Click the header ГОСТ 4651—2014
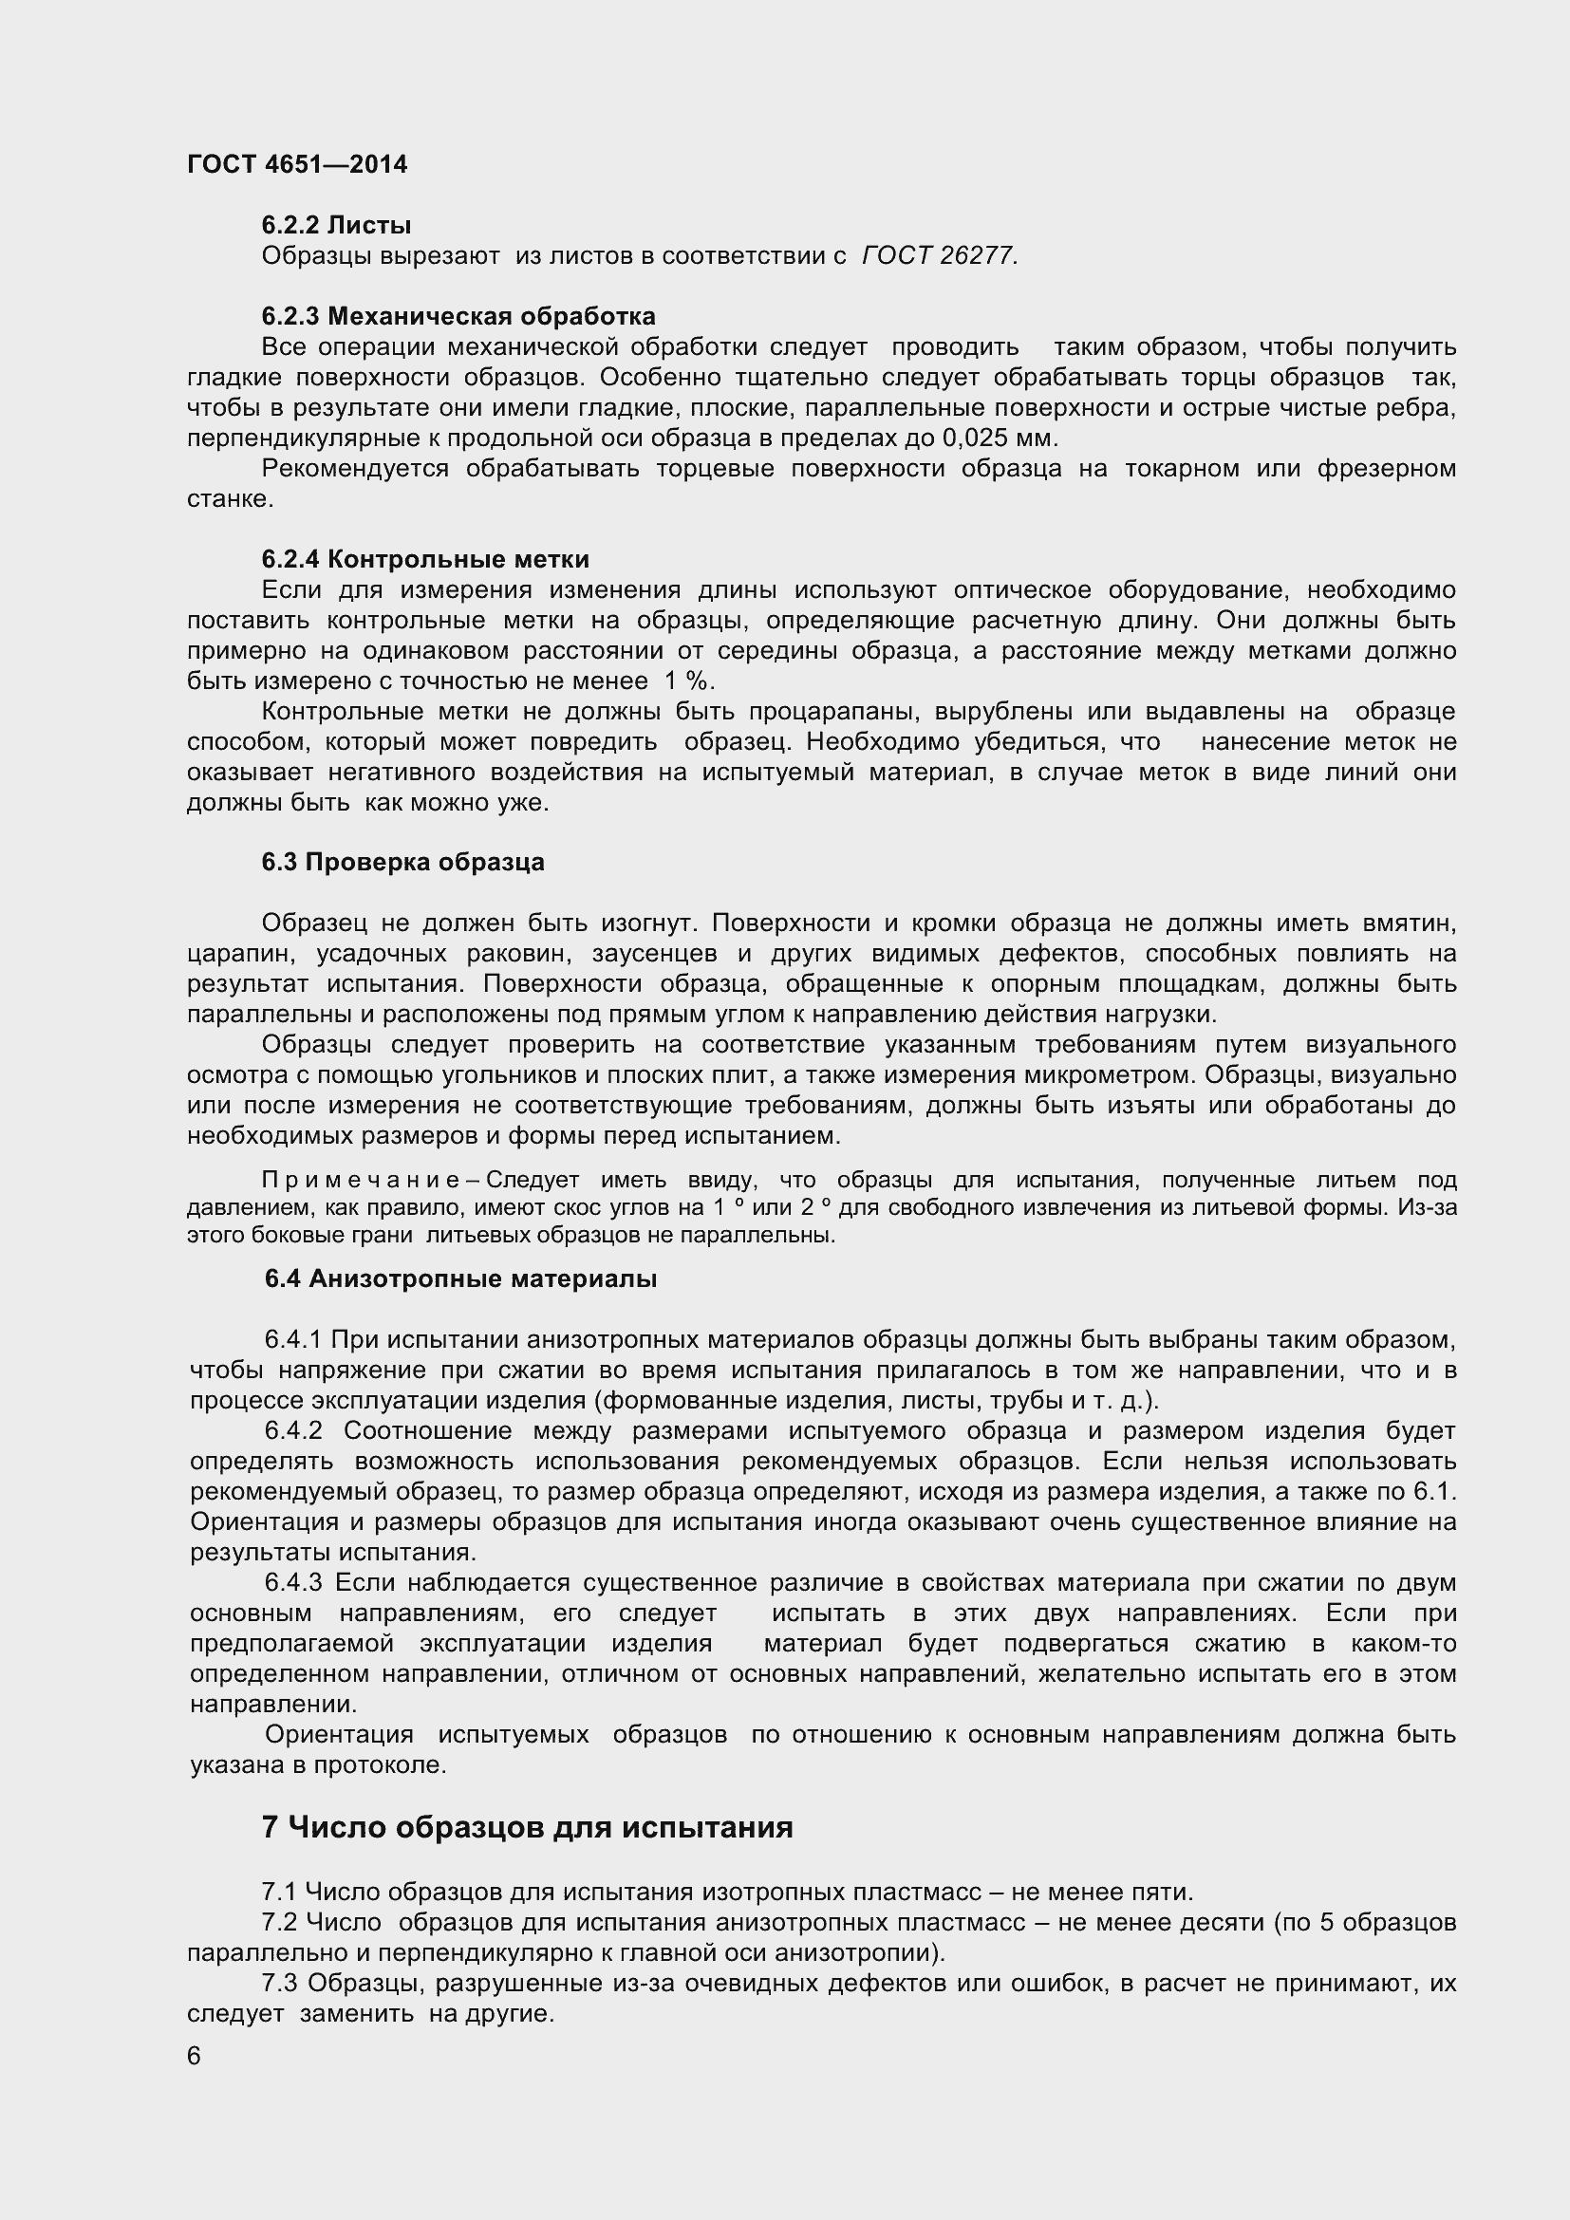tap(297, 164)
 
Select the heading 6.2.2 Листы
tap(336, 225)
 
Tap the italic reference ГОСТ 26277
tap(938, 255)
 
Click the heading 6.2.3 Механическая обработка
tap(458, 316)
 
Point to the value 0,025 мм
tap(999, 438)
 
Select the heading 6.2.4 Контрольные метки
tap(425, 559)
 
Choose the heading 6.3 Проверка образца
tap(403, 862)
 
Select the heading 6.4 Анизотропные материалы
tap(461, 1278)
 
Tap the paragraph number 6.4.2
tap(293, 1430)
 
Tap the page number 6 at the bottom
tap(195, 2056)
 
